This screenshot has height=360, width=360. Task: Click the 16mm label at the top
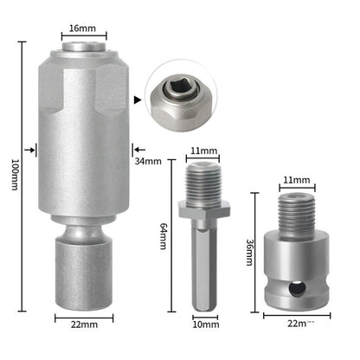coord(82,29)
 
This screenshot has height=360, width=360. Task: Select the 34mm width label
coord(148,160)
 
